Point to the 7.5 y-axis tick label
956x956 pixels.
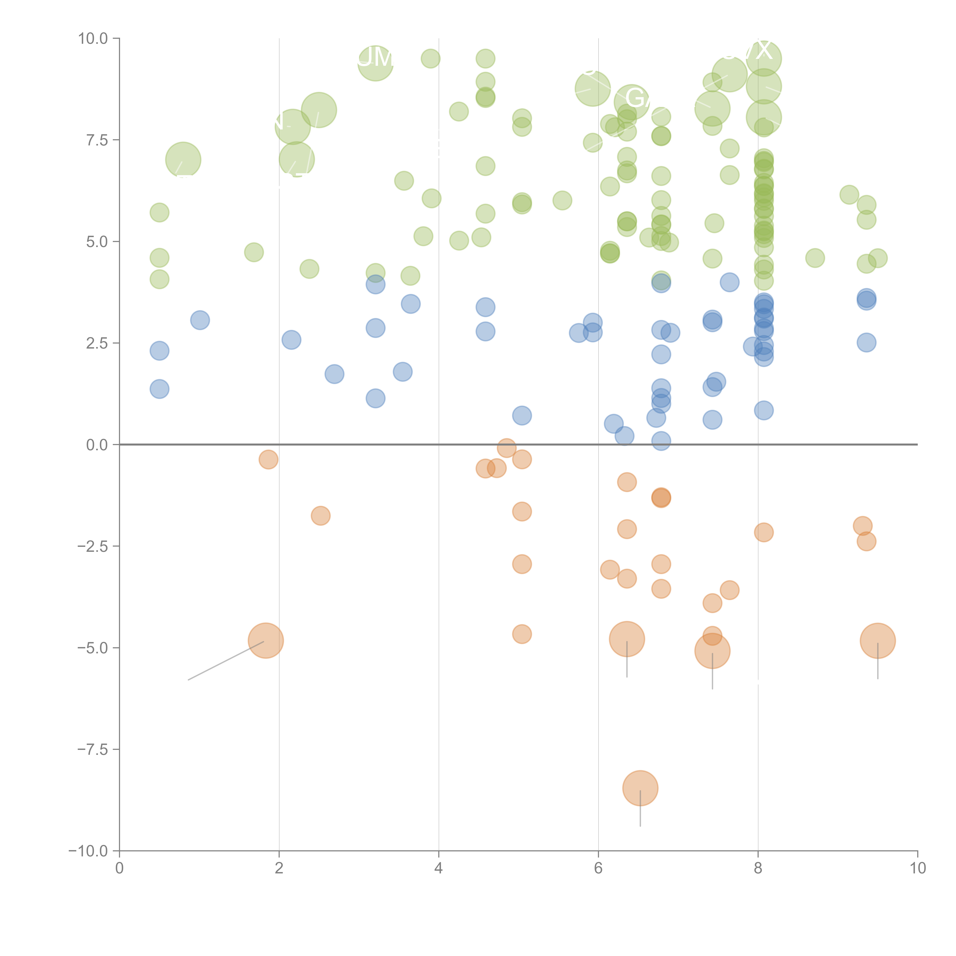97,140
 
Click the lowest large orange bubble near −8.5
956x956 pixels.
640,788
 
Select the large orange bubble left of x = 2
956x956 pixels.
266,641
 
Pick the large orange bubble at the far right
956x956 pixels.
878,641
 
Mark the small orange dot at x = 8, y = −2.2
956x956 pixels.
764,532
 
